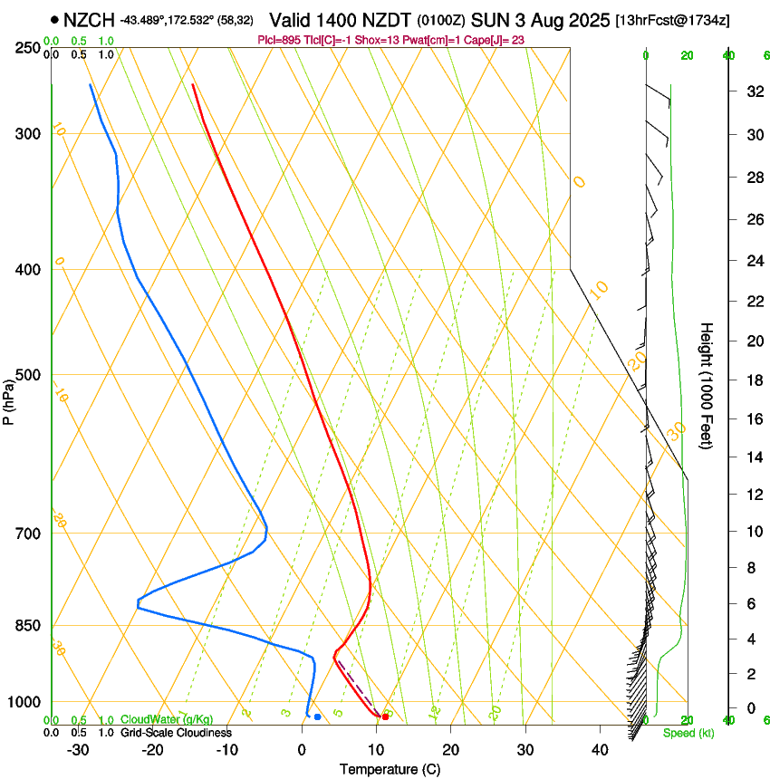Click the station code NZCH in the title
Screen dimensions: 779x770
(x=90, y=19)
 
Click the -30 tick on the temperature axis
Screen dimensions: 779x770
(x=78, y=749)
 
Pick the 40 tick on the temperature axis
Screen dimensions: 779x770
(x=599, y=749)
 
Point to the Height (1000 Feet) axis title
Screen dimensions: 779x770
(x=707, y=386)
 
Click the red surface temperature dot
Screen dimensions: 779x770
(x=386, y=716)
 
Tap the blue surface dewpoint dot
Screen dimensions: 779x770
(x=317, y=716)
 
